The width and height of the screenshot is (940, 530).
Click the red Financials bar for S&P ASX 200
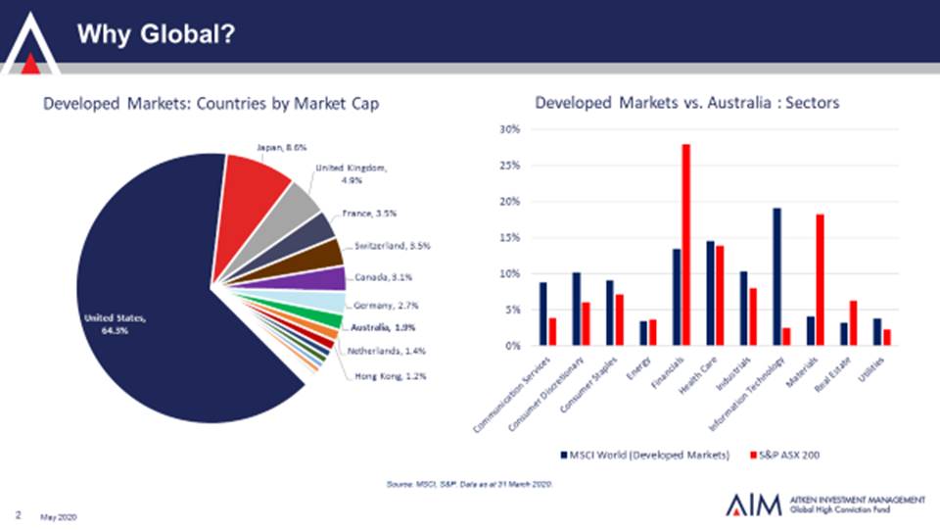click(x=686, y=245)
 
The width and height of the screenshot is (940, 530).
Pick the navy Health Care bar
click(x=710, y=293)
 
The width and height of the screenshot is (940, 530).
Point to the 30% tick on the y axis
click(x=509, y=129)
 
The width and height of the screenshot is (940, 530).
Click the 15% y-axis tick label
click(x=509, y=238)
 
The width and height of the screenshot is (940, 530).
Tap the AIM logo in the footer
click(x=755, y=505)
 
